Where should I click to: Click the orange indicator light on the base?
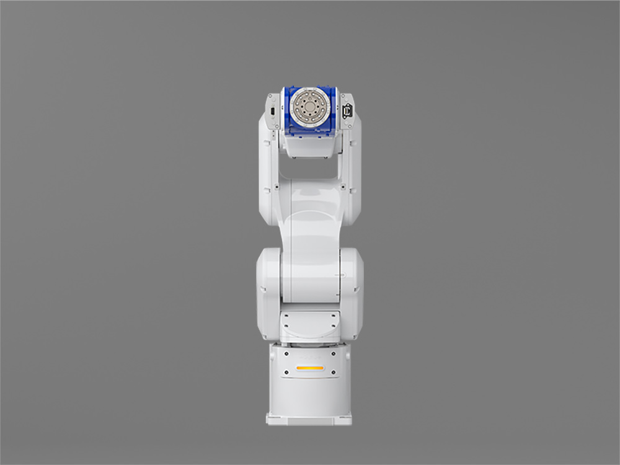(309, 368)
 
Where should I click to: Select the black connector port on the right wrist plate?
(347, 112)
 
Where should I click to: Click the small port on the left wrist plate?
(272, 111)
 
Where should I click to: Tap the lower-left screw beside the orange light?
(286, 373)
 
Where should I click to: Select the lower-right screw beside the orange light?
(334, 373)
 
